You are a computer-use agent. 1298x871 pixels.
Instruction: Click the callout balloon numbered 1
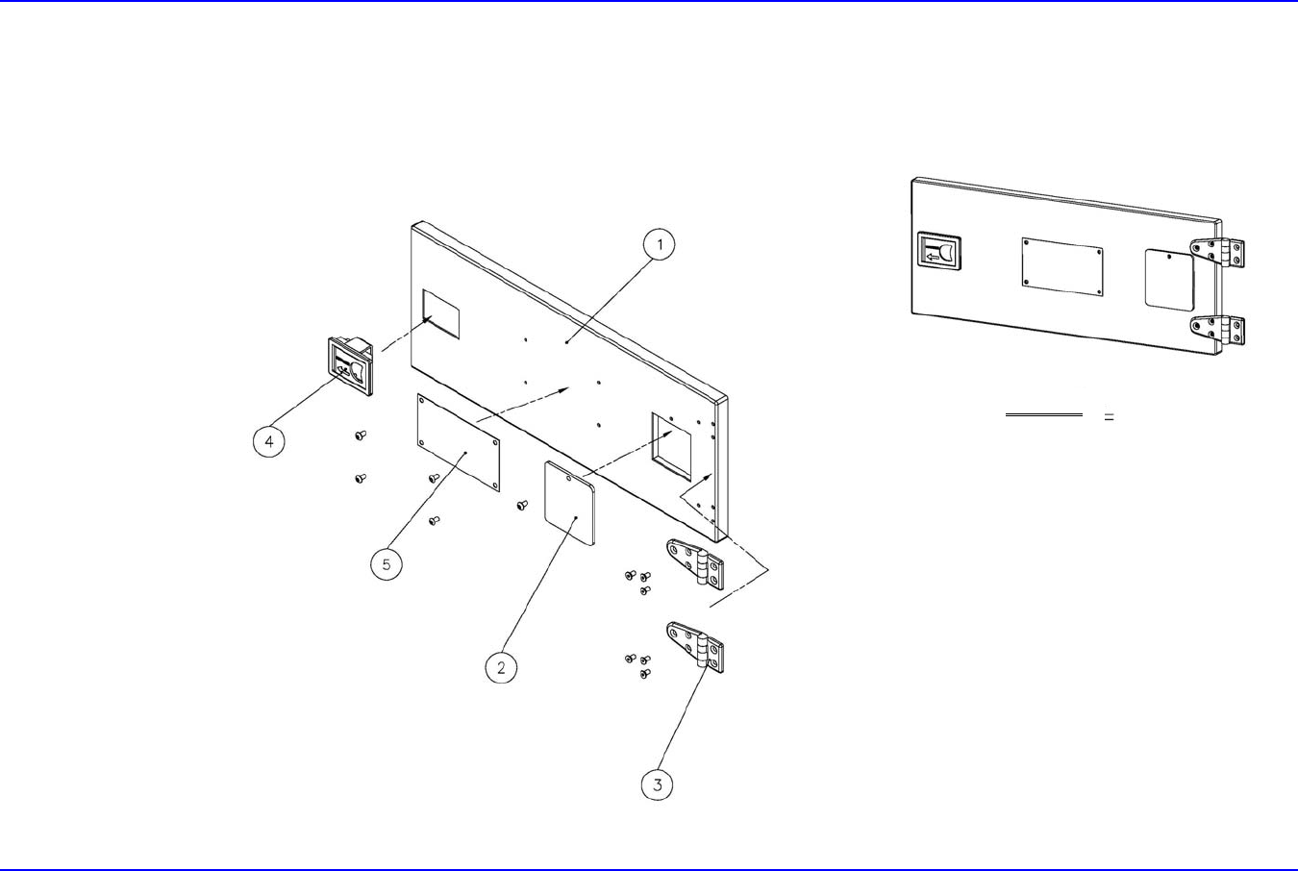660,244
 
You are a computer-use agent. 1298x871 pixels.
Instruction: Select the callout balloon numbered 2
501,667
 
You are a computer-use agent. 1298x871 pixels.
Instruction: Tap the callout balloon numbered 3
658,784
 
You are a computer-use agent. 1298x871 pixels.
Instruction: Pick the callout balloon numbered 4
269,441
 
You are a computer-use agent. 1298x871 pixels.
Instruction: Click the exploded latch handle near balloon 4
351,365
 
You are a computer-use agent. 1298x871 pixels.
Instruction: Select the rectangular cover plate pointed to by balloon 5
459,443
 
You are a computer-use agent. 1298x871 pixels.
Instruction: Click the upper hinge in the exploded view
695,563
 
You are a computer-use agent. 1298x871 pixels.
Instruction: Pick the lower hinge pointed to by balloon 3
695,647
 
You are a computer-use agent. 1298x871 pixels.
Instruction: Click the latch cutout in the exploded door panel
441,314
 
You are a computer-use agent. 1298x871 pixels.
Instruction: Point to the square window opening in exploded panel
672,446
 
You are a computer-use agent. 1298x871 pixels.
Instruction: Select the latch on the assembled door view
939,252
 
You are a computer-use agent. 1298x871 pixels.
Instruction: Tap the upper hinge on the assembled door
1217,252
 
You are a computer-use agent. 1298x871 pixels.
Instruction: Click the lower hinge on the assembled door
1217,331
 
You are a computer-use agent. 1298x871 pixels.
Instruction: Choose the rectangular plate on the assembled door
1062,266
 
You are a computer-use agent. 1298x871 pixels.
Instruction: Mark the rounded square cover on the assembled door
1169,280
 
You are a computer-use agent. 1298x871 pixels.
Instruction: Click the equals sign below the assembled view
1110,416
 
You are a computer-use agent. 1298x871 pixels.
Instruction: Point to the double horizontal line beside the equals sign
1043,414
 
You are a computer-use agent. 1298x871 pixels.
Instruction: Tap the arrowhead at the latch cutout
428,318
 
